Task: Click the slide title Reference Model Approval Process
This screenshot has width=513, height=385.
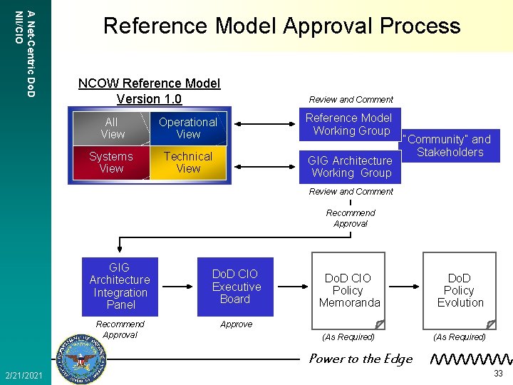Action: pyautogui.click(x=281, y=26)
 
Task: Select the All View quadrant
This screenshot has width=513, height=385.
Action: pyautogui.click(x=113, y=128)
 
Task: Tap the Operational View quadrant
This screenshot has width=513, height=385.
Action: pyautogui.click(x=188, y=128)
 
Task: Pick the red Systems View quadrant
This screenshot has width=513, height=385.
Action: pyautogui.click(x=111, y=163)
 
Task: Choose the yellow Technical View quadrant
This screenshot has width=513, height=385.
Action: pyautogui.click(x=188, y=163)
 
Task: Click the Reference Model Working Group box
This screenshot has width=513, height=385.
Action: pyautogui.click(x=348, y=125)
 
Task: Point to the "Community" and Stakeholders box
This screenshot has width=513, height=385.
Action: pyautogui.click(x=450, y=146)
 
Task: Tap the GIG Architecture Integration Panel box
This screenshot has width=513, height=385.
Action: pyautogui.click(x=120, y=286)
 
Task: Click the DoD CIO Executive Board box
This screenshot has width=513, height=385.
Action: pyautogui.click(x=236, y=287)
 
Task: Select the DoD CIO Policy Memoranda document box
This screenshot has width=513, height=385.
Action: pyautogui.click(x=348, y=290)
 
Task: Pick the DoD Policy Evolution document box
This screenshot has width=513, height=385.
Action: pyautogui.click(x=460, y=290)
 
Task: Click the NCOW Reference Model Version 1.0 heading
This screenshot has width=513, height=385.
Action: pyautogui.click(x=149, y=91)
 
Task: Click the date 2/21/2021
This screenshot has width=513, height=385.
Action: pyautogui.click(x=23, y=375)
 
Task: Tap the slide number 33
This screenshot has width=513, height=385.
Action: pyautogui.click(x=498, y=374)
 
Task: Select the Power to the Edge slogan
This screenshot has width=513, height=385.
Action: pyautogui.click(x=361, y=359)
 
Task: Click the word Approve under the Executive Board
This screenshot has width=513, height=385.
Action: pyautogui.click(x=236, y=324)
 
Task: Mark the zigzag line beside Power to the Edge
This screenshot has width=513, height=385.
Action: pyautogui.click(x=470, y=358)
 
